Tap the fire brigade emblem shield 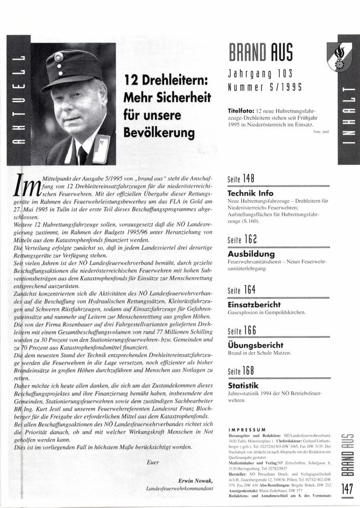click(339, 56)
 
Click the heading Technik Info click(251, 193)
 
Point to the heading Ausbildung click(251, 253)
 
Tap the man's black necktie click(82, 154)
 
